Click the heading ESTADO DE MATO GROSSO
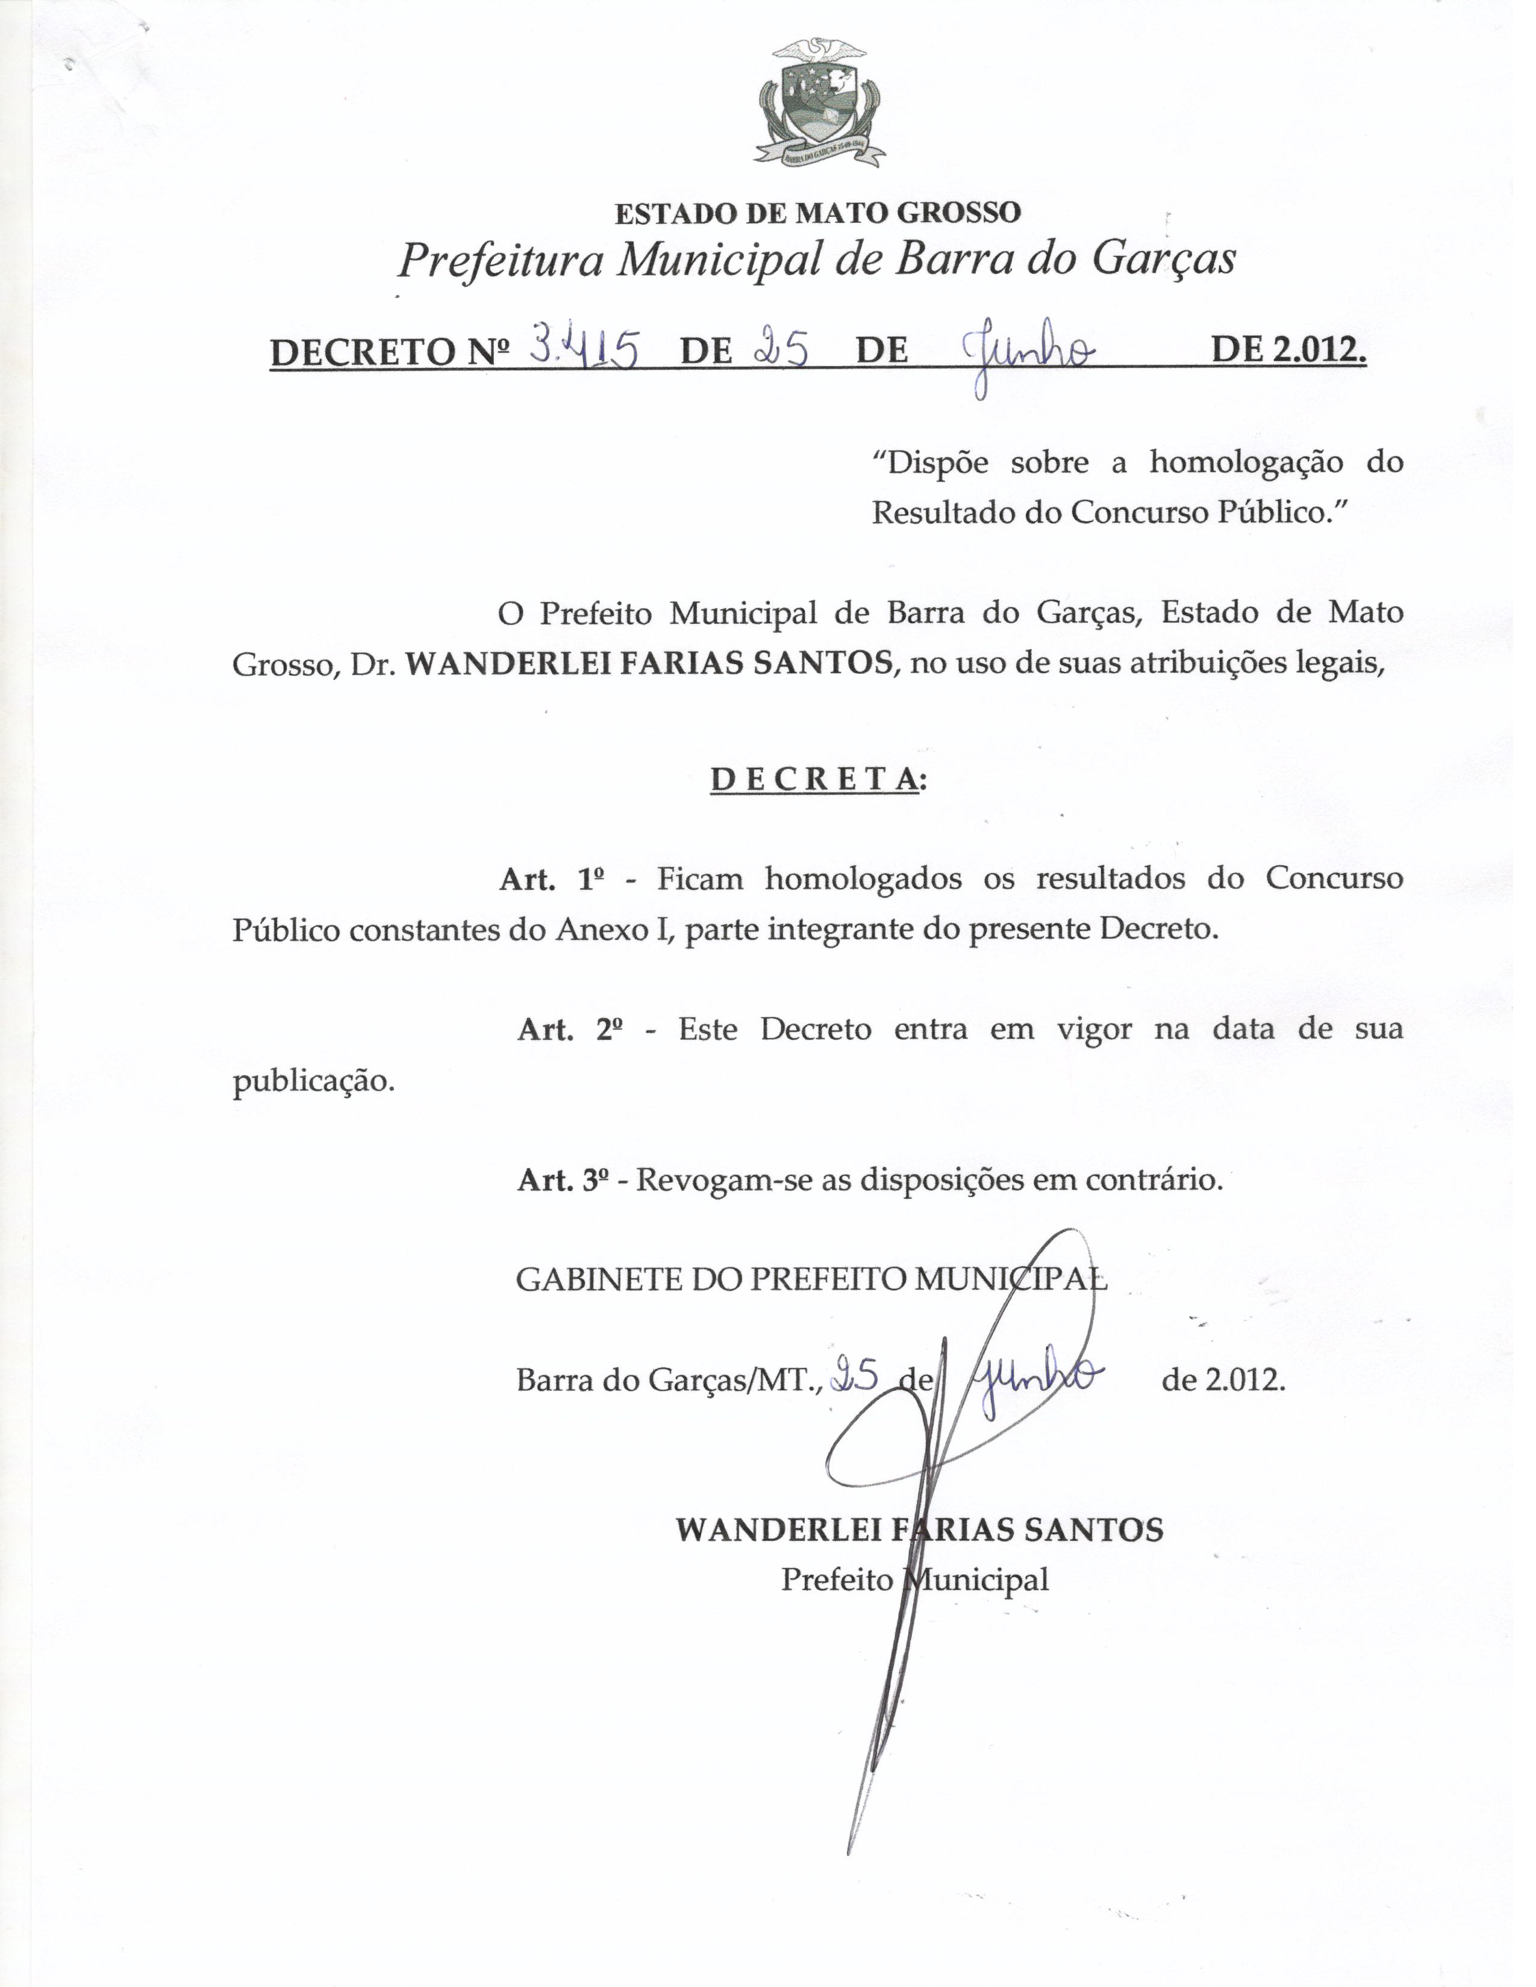point(818,213)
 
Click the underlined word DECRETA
point(814,780)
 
